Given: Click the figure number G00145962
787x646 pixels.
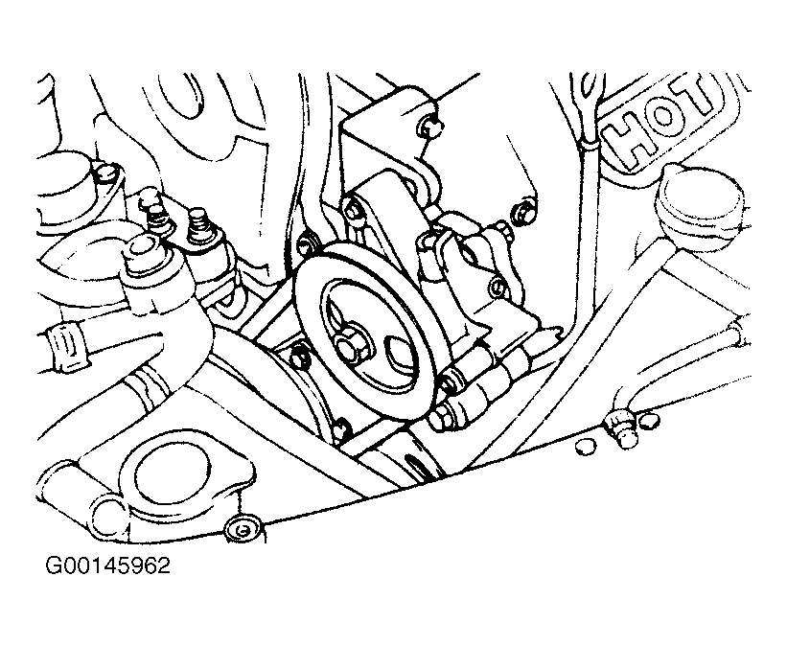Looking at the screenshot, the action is (106, 565).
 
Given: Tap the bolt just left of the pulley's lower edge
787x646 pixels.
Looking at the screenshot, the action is (298, 358).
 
